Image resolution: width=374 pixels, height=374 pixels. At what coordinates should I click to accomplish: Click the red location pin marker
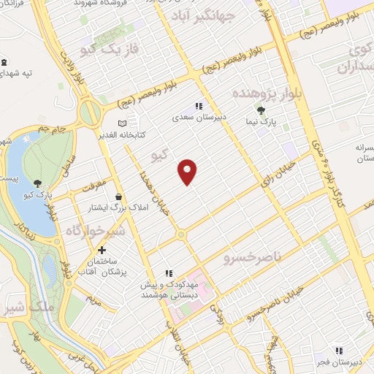coord(188,171)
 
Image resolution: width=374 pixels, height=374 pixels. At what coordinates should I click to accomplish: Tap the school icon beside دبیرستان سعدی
coord(198,106)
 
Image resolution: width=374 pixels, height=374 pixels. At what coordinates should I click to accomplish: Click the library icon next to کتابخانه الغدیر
coord(122,123)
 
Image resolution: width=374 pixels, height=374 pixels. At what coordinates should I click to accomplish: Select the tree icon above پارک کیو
coord(37,184)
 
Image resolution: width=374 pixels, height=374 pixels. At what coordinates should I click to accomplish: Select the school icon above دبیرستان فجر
coord(337,349)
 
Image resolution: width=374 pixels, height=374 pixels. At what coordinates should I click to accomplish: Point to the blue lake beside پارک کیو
coord(22,183)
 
